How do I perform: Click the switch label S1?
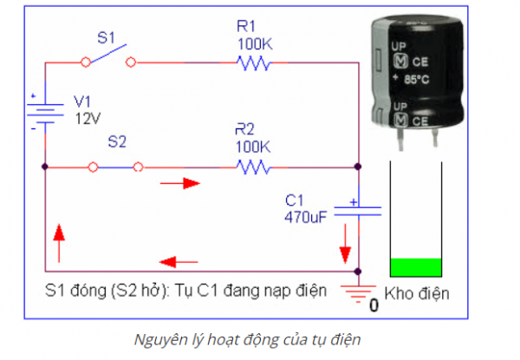pos(105,38)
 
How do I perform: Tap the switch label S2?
pos(116,141)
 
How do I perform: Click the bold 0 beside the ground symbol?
pos(375,305)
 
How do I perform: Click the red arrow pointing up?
pos(59,237)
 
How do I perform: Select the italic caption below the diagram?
pos(260,339)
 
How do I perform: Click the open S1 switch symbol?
pos(108,58)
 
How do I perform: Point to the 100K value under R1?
pos(253,42)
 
